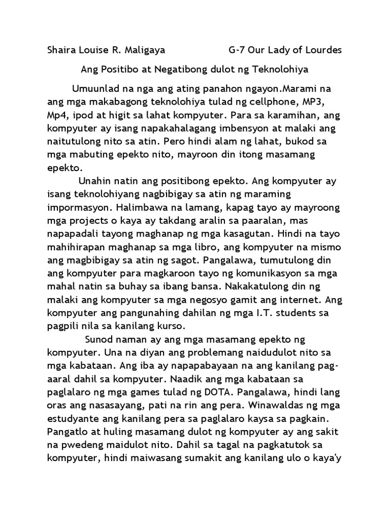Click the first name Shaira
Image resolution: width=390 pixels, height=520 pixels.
(x=60, y=50)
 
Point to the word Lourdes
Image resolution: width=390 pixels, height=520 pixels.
(x=322, y=50)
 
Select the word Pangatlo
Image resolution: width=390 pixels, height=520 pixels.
(x=67, y=432)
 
